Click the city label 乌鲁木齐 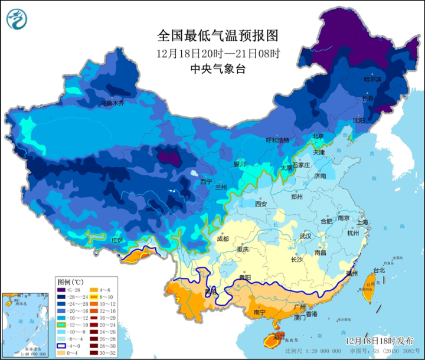point(112,103)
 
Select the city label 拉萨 point(117,240)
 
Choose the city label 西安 point(261,204)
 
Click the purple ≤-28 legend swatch point(62,290)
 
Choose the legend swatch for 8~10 point(94,297)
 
